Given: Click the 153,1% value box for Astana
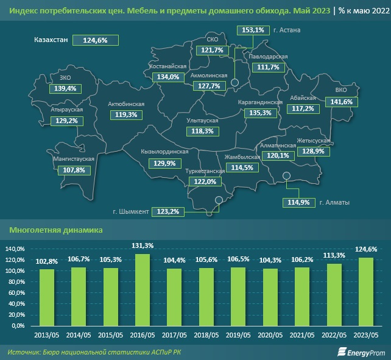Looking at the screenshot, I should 253,30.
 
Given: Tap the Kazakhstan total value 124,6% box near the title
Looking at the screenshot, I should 95,40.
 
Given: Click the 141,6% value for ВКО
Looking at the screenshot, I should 342,102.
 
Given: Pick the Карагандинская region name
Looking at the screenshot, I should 260,102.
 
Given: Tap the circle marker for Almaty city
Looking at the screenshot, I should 288,177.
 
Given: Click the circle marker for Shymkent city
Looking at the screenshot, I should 219,200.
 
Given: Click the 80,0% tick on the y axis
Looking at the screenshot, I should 15,281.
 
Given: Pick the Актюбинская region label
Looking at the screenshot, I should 126,104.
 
